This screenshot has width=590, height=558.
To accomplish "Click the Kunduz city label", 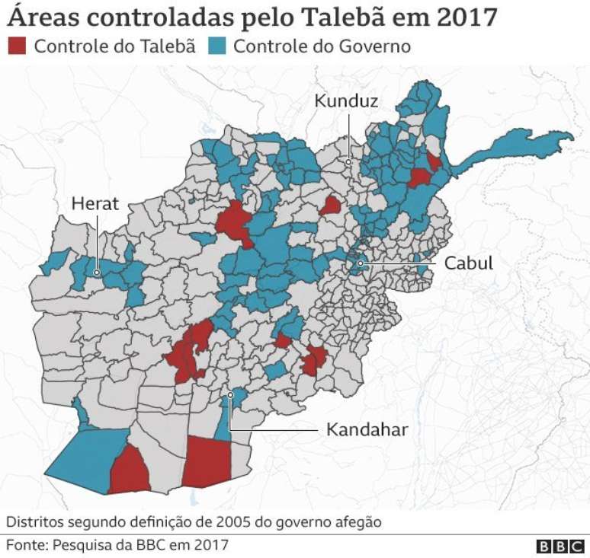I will (347, 100).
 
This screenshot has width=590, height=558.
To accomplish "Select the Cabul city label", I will (469, 263).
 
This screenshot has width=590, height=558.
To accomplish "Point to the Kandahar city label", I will (367, 430).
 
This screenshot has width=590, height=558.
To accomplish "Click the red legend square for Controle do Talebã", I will (18, 46).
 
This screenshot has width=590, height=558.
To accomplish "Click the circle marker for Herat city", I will (98, 272).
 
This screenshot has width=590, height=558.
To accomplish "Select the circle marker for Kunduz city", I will (348, 161).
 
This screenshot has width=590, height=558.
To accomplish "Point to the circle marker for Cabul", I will (360, 263).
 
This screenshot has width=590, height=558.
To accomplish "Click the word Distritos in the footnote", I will (34, 522).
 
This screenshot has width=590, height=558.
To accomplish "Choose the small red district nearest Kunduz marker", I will (330, 206).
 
